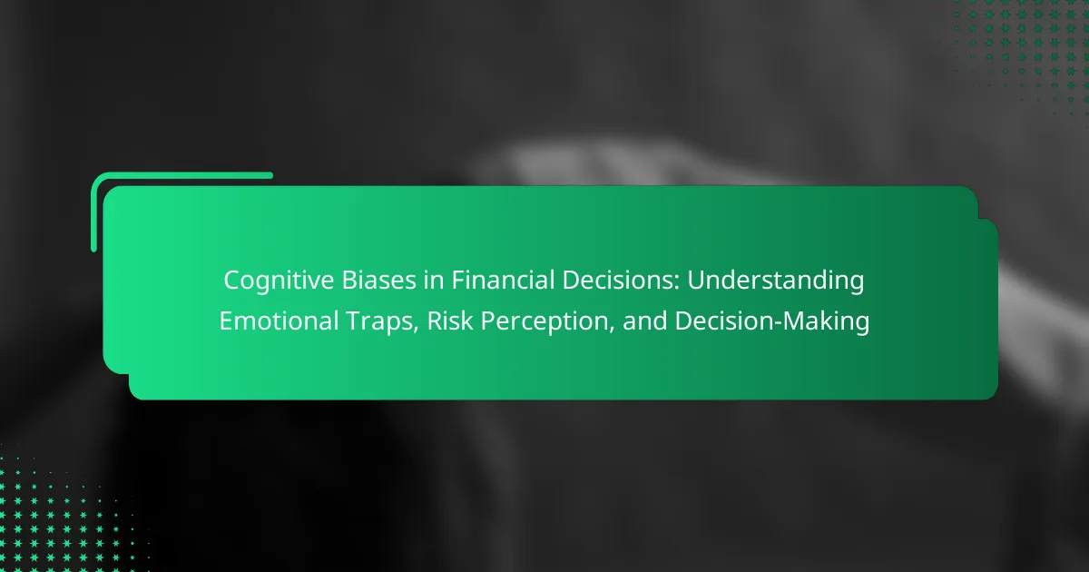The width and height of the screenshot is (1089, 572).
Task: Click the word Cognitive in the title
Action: pos(279,281)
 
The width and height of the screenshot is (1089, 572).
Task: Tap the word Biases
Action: pos(378,281)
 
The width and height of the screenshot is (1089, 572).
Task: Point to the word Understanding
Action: pos(775,281)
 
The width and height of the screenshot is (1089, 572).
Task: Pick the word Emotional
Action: pos(279,321)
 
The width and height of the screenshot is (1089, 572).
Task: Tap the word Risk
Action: pos(450,321)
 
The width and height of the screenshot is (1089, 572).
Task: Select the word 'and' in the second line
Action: pos(644,321)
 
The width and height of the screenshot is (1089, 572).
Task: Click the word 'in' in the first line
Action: pos(433,281)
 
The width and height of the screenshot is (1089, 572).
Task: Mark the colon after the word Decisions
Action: pos(677,283)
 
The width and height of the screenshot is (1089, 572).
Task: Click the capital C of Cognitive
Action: pos(233,281)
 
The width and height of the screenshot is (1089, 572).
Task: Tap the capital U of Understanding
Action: pos(696,281)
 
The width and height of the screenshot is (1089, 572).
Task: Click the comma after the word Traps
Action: pos(417,332)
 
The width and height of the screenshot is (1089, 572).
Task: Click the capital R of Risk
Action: pos(435,321)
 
